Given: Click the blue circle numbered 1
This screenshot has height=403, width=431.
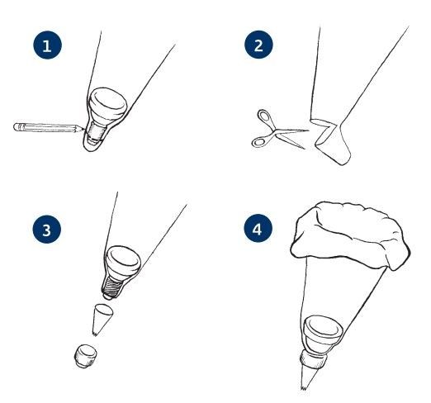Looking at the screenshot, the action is coord(47,45).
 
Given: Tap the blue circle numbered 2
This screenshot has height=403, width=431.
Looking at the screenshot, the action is coord(258,45).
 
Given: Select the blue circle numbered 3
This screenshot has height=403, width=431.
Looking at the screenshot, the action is coord(47,230).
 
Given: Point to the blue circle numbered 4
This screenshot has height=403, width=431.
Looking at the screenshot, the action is coord(258,229).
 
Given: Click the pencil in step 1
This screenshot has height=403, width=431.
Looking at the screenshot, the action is coord(48,127).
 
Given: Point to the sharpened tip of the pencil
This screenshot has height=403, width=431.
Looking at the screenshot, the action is coord(83,129).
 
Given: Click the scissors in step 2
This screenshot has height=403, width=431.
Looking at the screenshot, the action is coord(279,130).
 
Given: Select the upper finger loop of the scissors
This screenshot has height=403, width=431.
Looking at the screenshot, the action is coord(264,116).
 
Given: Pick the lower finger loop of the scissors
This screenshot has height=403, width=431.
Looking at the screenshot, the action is coord(259,141).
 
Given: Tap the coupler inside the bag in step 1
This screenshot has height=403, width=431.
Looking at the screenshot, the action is coord(106,116).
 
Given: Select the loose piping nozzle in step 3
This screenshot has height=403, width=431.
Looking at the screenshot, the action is coord(102,320).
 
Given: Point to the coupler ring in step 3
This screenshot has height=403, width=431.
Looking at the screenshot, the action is coord(86,355).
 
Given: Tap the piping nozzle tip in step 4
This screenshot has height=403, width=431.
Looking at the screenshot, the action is coord(309,377).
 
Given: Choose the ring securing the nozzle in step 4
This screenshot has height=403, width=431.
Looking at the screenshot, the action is coord(313,358).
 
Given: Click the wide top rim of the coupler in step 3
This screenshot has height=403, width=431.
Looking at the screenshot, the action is coord(123,258).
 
